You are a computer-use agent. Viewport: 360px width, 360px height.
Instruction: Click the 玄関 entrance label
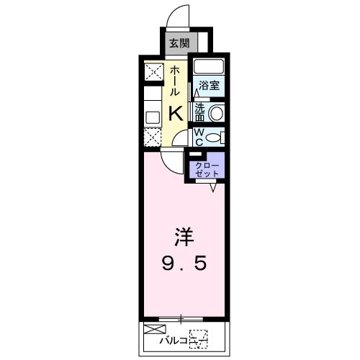pos(179,43)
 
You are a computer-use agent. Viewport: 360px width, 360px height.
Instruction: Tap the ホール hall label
pos(175,81)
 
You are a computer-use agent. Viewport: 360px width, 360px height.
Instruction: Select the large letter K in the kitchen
pos(176,114)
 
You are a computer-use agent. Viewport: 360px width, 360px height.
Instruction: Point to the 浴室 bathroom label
pos(210,85)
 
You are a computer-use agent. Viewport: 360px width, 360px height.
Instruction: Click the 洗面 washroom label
pos(199,112)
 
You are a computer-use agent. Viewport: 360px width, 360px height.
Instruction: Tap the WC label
pos(199,137)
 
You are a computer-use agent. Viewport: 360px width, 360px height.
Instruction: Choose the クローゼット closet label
pos(207,169)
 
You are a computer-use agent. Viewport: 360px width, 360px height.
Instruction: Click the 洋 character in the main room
pos(184,237)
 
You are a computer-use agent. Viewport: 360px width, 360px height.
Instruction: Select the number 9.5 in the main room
pos(184,263)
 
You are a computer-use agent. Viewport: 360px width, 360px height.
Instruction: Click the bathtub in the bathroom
pos(209,66)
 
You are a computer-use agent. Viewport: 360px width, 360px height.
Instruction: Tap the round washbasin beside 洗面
pos(215,113)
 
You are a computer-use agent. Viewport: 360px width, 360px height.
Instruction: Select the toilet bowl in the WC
pos(213,138)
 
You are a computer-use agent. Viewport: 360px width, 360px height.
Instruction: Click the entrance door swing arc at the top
pos(174,12)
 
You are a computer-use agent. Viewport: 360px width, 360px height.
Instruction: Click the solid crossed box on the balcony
pos(155,329)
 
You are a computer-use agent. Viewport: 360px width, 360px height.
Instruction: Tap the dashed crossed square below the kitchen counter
pos(153,138)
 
